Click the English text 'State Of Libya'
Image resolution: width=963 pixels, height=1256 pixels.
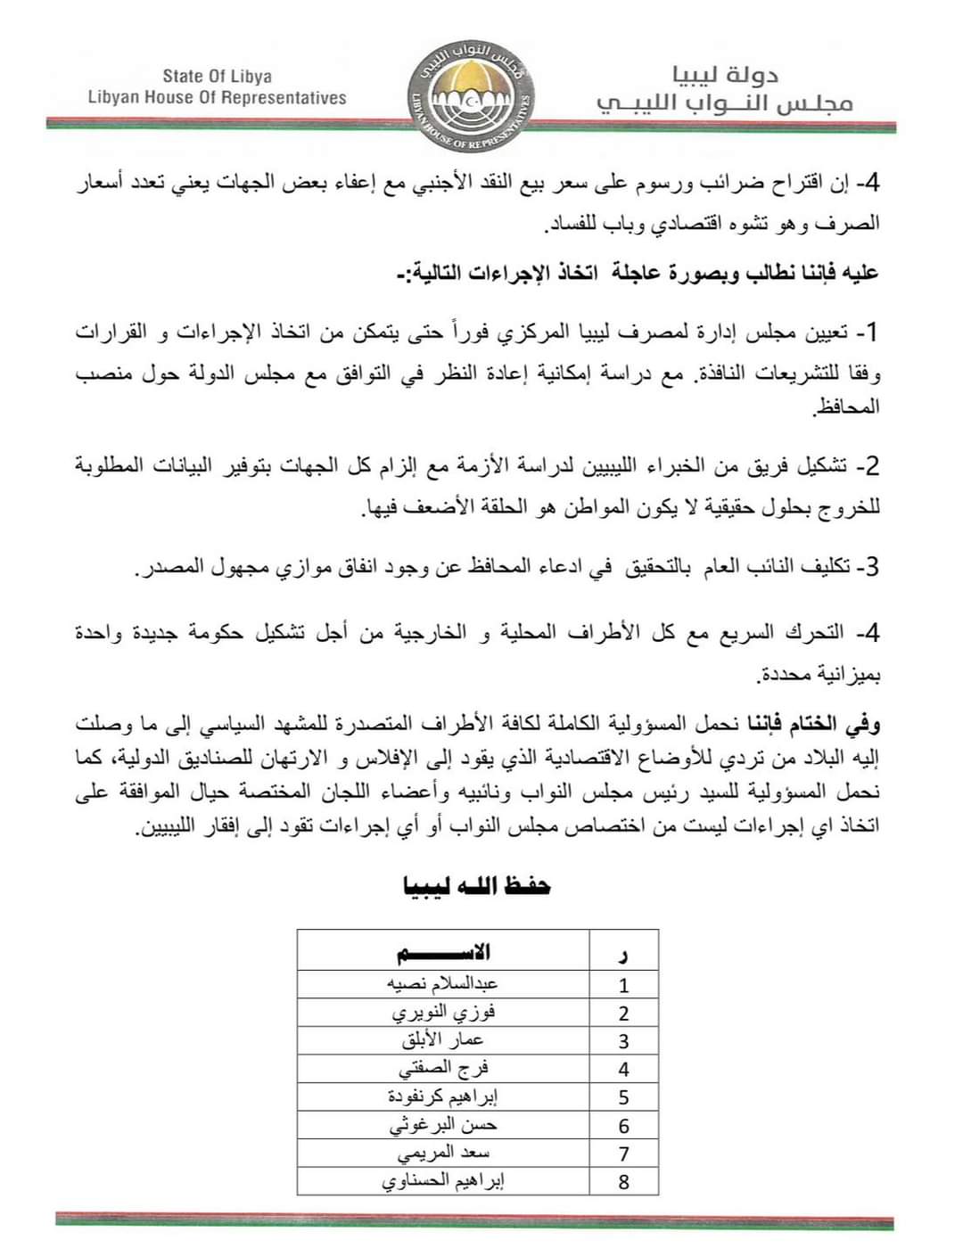pyautogui.click(x=218, y=77)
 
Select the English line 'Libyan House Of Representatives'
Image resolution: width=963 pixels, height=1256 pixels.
pyautogui.click(x=218, y=98)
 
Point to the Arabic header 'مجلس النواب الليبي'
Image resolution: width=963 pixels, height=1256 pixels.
pyautogui.click(x=724, y=103)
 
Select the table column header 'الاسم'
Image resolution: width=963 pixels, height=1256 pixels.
pyautogui.click(x=444, y=953)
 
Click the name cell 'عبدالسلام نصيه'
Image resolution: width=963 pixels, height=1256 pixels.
pyautogui.click(x=443, y=984)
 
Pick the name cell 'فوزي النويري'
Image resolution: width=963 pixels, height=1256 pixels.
pyautogui.click(x=443, y=1013)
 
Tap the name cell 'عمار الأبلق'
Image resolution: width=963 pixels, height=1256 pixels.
pyautogui.click(x=443, y=1040)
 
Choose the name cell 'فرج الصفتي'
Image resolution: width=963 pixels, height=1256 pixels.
pyautogui.click(x=443, y=1068)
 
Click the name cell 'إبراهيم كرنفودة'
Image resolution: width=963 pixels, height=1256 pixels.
pyautogui.click(x=443, y=1096)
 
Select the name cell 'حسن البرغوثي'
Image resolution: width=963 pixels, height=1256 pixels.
pyautogui.click(x=443, y=1125)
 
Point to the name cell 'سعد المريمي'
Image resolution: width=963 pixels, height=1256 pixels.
pyautogui.click(x=443, y=1153)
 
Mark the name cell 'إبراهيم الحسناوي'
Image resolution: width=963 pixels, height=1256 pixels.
pyautogui.click(x=443, y=1181)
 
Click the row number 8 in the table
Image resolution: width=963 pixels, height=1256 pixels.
pyautogui.click(x=623, y=1182)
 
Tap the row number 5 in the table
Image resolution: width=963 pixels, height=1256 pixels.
pyautogui.click(x=623, y=1097)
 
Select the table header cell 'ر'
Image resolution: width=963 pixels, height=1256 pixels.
pyautogui.click(x=623, y=956)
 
